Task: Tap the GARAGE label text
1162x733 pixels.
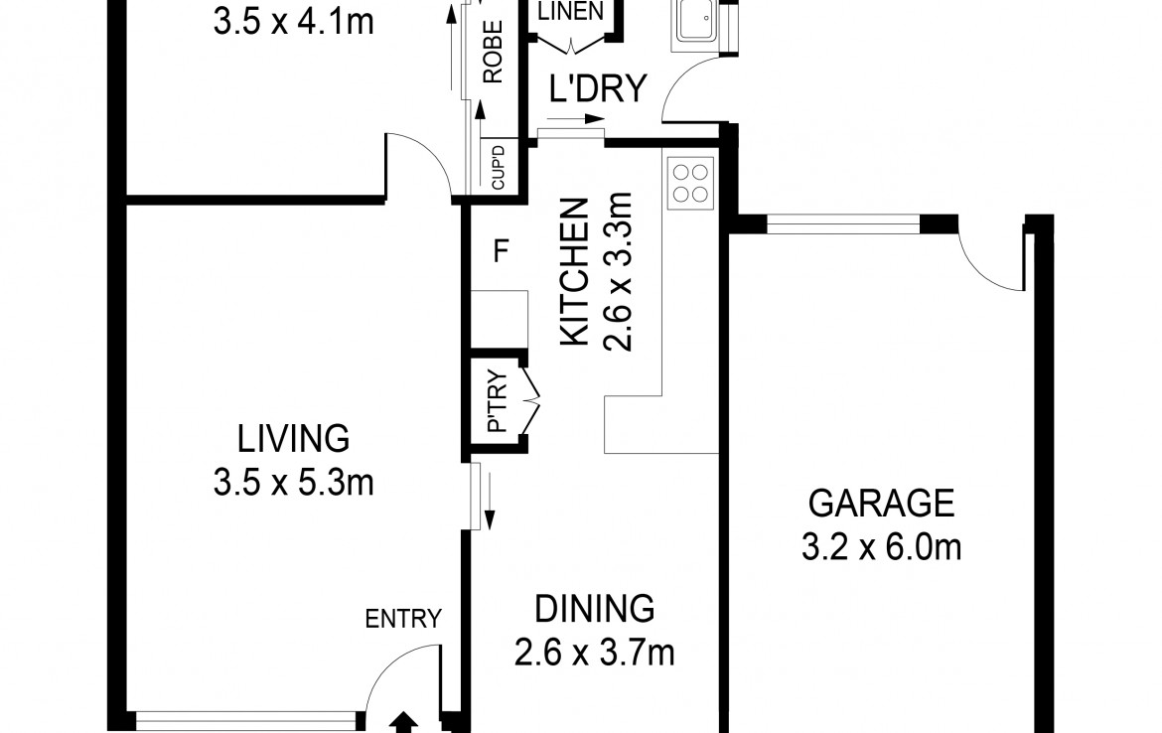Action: pos(881,504)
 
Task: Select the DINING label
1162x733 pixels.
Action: pos(594,609)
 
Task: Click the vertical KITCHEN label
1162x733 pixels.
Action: pos(574,271)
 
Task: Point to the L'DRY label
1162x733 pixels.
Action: pos(598,88)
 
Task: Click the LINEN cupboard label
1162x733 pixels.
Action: pos(571,12)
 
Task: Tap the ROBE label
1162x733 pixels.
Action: pos(493,52)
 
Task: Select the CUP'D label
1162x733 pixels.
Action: pos(498,167)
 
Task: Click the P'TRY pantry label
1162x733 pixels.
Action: pos(498,401)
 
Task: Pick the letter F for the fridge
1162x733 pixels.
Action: pos(501,251)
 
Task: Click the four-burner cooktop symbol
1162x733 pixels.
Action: pos(690,183)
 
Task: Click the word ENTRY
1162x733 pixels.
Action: pos(403,618)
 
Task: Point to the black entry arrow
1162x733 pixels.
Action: pos(403,723)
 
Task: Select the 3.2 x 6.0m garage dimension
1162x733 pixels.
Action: pos(881,548)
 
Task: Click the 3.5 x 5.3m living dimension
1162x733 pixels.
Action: pos(293,484)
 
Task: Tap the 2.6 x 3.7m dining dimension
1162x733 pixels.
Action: pos(594,654)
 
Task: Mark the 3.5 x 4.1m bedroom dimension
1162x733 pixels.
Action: pos(293,22)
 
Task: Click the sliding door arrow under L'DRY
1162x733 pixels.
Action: pos(575,118)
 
